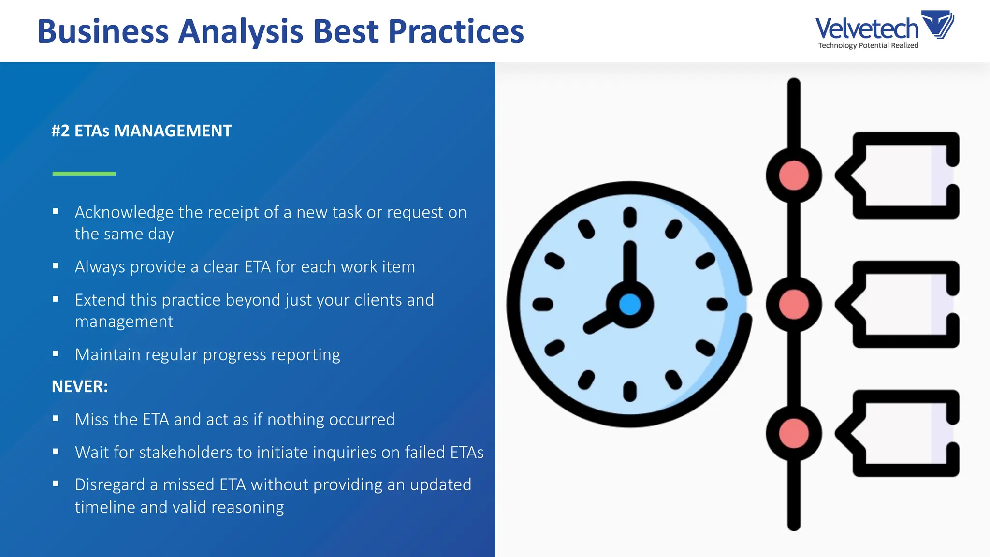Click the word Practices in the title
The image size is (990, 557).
[x=456, y=31]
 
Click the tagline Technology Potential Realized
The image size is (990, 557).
[x=868, y=45]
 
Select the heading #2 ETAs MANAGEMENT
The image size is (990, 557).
[x=142, y=131]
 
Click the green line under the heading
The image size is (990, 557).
[x=84, y=173]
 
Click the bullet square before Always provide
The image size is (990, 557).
[x=56, y=266]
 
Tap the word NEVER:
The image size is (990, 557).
[x=80, y=387]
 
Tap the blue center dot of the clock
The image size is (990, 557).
[x=629, y=305]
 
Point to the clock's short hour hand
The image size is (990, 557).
[x=599, y=322]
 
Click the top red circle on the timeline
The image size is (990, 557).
[x=794, y=175]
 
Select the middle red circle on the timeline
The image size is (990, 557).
[x=794, y=305]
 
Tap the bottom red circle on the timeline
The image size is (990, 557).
[x=794, y=434]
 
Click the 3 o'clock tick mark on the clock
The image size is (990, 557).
[x=716, y=304]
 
